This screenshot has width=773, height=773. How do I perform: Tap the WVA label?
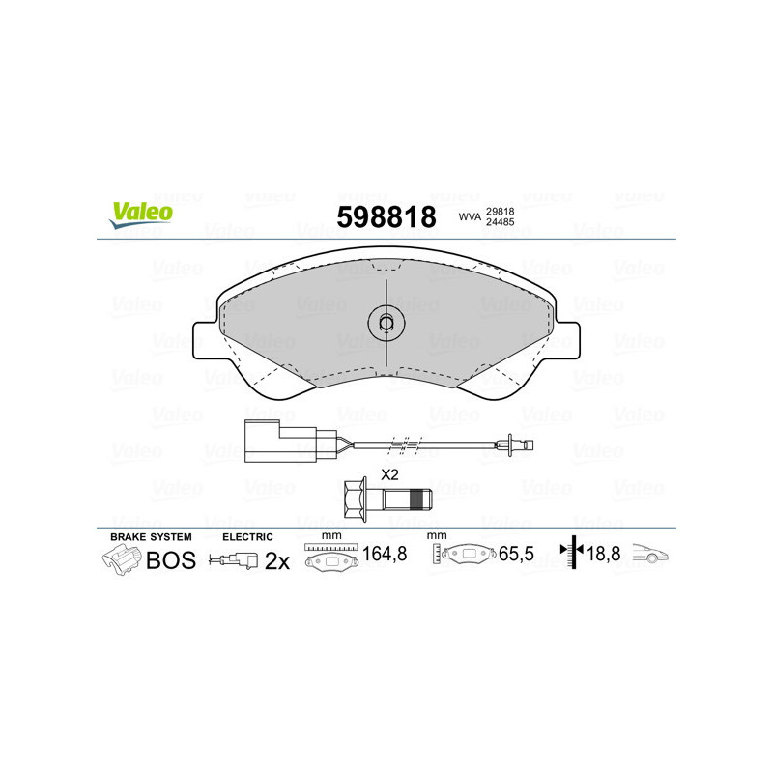point(469,217)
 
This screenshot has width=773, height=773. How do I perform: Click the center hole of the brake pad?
point(386,324)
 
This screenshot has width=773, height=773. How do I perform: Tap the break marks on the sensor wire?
point(404,445)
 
